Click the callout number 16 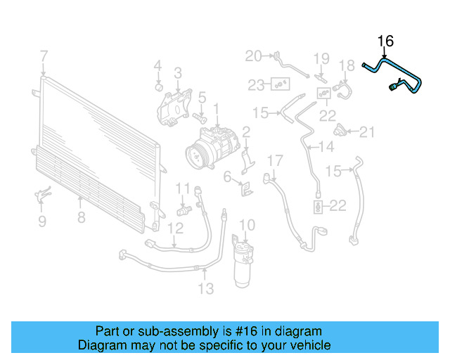coord(385,41)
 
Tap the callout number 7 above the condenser coord(44,56)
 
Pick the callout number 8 coord(81,217)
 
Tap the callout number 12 coord(175,227)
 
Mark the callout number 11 coord(183,188)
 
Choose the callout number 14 coord(326,147)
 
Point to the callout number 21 coord(368,131)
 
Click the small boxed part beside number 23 coord(280,85)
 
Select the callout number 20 coord(253,56)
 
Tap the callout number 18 coord(347,66)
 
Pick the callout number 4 coord(157,66)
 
